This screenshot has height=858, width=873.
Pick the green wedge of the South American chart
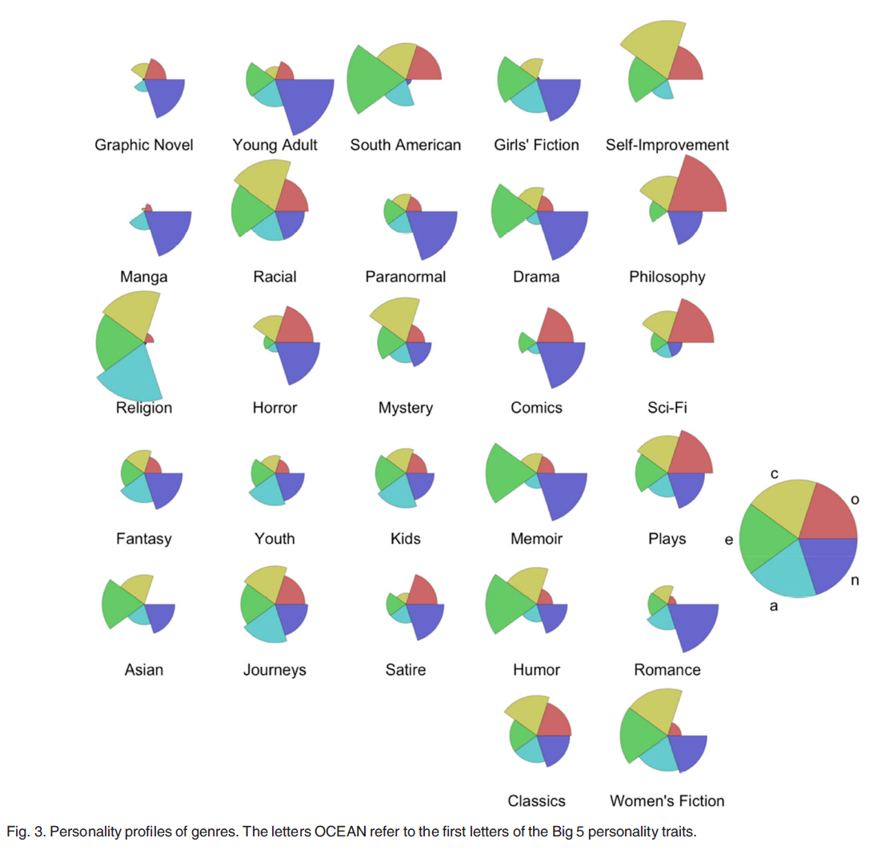coord(370,80)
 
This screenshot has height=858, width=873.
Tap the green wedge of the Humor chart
coord(508,604)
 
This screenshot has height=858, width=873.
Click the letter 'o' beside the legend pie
coord(854,500)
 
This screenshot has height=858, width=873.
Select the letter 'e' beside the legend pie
coord(728,540)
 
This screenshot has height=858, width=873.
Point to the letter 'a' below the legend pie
coord(773,606)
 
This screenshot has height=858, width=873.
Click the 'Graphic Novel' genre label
coord(144,146)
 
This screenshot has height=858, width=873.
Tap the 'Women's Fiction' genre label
coord(667,800)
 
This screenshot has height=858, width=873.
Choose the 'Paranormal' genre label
coord(405,277)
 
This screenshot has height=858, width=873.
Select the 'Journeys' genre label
coord(274,670)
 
